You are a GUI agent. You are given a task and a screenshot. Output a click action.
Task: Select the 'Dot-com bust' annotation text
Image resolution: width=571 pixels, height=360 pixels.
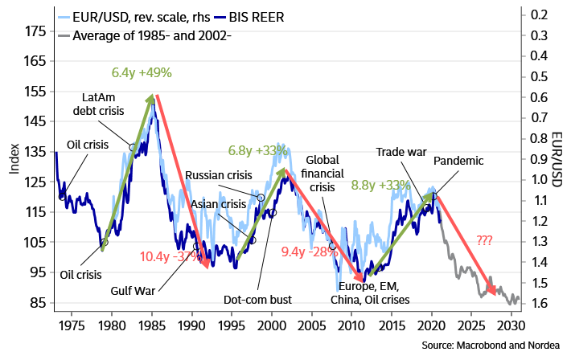pos(257,299)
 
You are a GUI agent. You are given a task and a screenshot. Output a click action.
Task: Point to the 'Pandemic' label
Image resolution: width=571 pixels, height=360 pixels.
pos(458,161)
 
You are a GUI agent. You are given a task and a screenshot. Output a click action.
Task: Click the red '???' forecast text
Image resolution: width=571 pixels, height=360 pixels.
pos(485,239)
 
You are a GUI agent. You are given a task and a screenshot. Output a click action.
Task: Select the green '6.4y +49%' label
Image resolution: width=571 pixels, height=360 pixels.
pos(142,73)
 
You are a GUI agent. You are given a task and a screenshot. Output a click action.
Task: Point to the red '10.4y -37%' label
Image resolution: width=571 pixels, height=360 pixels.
pos(171,256)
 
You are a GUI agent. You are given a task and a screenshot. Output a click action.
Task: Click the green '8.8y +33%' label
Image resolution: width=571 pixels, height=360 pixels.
pos(382,186)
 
